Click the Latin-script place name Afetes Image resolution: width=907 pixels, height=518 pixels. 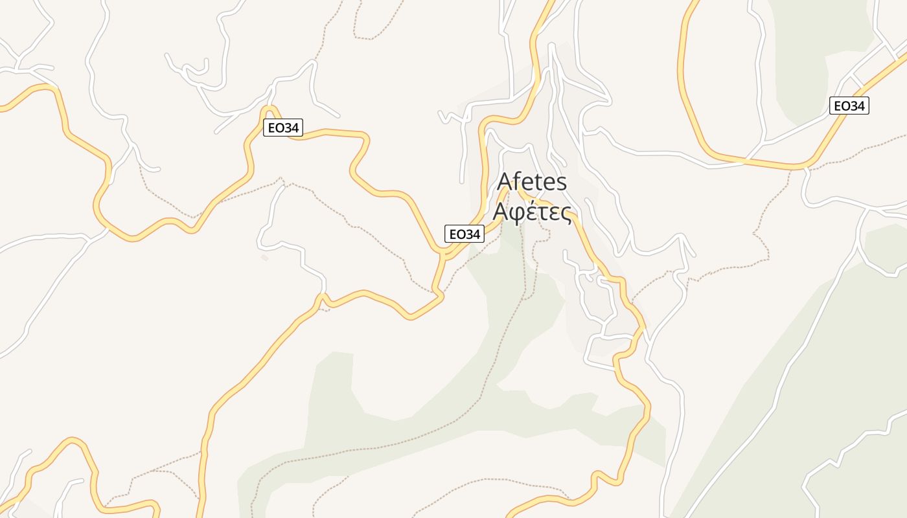(x=532, y=183)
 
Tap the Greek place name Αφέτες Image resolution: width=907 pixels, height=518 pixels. (x=532, y=212)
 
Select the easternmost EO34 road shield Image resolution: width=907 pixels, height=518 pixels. (x=849, y=106)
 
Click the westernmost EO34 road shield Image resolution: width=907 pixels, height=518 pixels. (x=283, y=128)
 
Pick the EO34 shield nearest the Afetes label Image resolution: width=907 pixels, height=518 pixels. (x=465, y=234)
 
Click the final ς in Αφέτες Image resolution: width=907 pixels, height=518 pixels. (x=566, y=213)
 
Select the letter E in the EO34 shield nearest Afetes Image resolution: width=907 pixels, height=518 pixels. (x=452, y=234)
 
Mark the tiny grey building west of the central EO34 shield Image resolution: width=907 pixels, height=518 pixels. (x=264, y=258)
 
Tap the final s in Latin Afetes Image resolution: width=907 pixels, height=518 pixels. (x=561, y=183)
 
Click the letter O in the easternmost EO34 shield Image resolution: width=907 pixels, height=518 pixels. (x=844, y=106)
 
